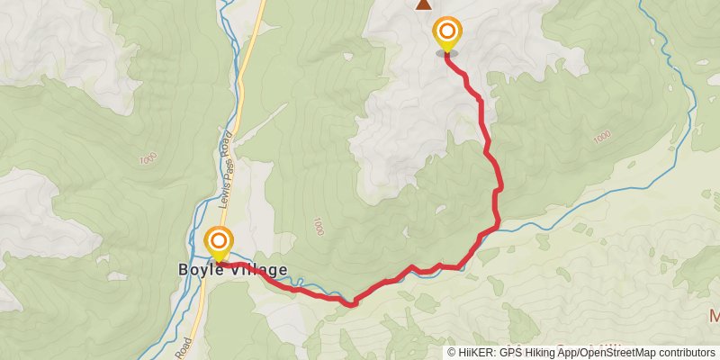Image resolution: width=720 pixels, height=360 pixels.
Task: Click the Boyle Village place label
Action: [231, 269]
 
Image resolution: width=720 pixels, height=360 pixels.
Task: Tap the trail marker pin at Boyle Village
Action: [219, 240]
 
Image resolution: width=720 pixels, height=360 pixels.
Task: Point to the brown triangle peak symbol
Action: [423, 4]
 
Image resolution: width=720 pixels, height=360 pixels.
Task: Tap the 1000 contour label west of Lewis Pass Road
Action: [148, 158]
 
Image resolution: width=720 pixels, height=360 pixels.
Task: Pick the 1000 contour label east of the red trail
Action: [602, 136]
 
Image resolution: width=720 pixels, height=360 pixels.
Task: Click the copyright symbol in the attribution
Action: [452, 353]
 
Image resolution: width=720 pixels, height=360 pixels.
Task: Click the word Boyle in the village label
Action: [194, 269]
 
